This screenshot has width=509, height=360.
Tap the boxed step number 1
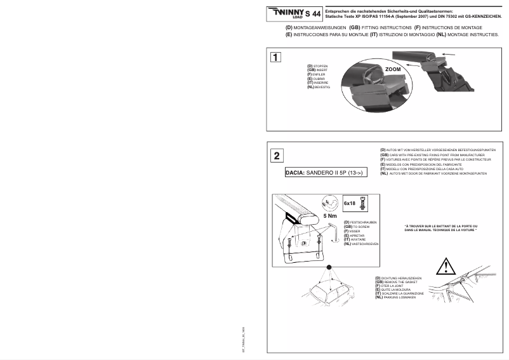pyautogui.click(x=275, y=58)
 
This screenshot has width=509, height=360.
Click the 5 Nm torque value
pyautogui.click(x=330, y=216)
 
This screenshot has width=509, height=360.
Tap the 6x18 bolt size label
pyautogui.click(x=349, y=204)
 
